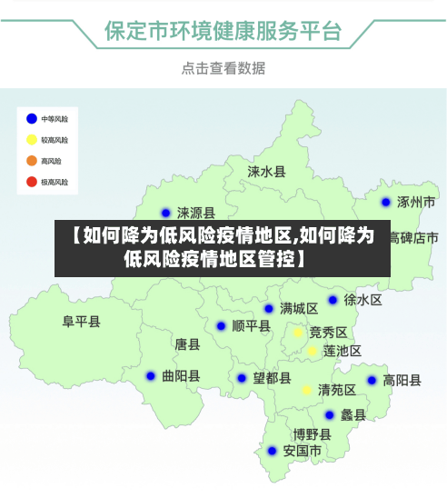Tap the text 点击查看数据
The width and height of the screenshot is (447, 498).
click(x=223, y=68)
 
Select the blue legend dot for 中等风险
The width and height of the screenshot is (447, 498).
click(x=31, y=118)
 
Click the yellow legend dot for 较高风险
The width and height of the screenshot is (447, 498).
click(x=31, y=140)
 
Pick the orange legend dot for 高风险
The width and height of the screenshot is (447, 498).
click(x=31, y=161)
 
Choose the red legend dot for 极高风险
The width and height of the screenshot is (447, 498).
click(x=31, y=182)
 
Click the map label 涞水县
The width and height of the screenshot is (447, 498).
click(x=267, y=171)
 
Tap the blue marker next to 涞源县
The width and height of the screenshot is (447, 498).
click(x=165, y=214)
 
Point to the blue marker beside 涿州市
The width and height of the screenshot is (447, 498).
click(x=386, y=203)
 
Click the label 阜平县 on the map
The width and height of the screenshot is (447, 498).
click(x=82, y=321)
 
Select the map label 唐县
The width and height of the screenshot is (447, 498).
click(x=187, y=344)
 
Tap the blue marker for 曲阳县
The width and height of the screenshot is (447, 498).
click(x=151, y=375)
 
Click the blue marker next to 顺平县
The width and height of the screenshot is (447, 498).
click(x=221, y=325)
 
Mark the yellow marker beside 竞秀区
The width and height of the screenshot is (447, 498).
click(x=297, y=333)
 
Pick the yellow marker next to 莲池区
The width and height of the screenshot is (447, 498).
click(x=313, y=351)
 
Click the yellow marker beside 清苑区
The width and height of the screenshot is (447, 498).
click(x=307, y=390)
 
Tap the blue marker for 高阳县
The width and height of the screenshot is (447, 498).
click(x=372, y=381)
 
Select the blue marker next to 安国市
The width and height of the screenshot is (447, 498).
click(x=272, y=451)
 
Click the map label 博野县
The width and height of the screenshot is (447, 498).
click(x=312, y=434)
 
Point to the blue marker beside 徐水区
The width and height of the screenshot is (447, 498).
click(x=333, y=300)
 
